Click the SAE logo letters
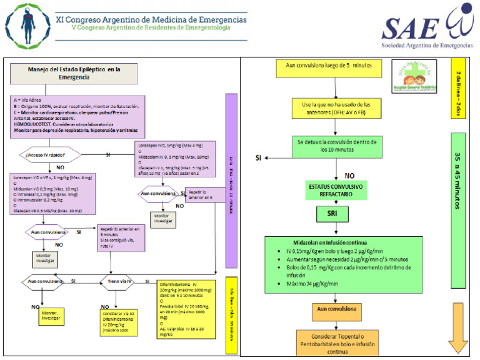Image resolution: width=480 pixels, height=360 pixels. click(406, 27)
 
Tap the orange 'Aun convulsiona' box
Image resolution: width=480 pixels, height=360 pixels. click(337, 309)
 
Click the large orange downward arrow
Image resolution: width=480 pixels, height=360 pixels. click(458, 341)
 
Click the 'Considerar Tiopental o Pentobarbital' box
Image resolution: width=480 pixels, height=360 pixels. click(337, 342)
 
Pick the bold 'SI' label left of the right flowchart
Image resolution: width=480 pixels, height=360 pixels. click(258, 157)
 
